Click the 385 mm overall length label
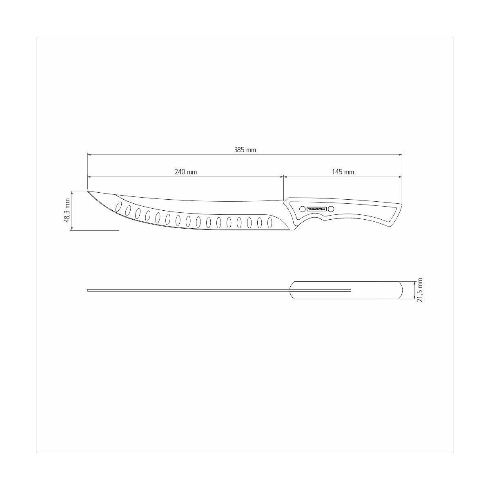(x=245, y=150)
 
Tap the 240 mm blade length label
(x=186, y=172)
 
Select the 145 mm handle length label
(x=343, y=172)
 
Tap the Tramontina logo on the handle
(x=316, y=209)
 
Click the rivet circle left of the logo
(x=302, y=209)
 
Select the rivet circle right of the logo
(x=331, y=209)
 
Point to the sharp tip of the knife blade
(x=88, y=191)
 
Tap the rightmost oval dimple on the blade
(x=269, y=223)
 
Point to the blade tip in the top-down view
(x=89, y=290)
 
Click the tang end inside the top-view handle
(x=350, y=290)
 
